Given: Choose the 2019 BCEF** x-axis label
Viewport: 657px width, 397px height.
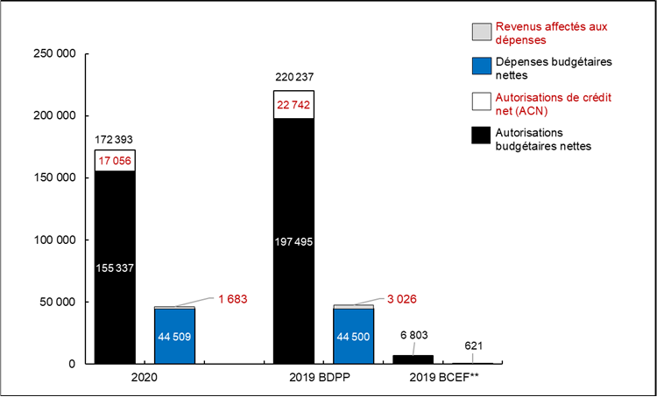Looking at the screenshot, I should (442, 379).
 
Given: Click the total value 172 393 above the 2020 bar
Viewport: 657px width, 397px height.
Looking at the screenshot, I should (115, 139).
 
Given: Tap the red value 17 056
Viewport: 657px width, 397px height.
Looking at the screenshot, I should (115, 160).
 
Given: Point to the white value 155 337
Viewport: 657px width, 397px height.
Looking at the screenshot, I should (115, 267).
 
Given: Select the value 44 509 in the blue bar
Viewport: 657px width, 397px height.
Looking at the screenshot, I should (175, 334).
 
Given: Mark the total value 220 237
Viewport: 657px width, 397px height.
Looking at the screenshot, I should (294, 77).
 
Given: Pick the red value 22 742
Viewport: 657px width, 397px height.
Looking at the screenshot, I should (294, 104).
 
